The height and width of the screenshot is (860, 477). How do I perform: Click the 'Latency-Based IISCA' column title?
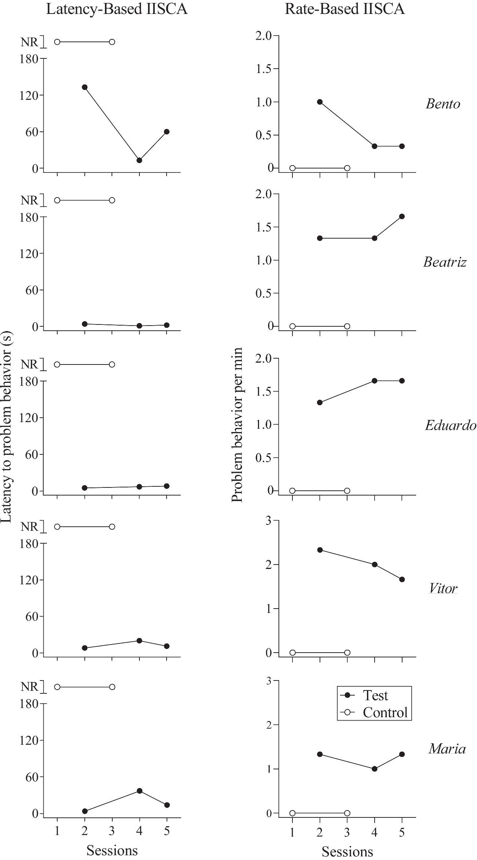click(117, 9)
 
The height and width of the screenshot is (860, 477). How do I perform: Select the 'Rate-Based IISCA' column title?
click(345, 9)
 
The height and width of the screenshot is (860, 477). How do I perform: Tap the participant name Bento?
click(443, 104)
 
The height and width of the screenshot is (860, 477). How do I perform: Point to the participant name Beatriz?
click(445, 262)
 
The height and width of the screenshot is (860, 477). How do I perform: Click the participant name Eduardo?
click(450, 425)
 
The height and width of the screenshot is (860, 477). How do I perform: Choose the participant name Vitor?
click(443, 589)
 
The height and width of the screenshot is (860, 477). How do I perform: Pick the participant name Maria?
click(447, 748)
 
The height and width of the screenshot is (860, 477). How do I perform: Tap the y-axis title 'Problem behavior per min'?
click(237, 424)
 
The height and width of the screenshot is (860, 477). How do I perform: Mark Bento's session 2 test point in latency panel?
click(85, 87)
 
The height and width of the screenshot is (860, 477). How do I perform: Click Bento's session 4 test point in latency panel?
click(139, 160)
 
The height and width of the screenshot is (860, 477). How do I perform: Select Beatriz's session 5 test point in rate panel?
click(402, 217)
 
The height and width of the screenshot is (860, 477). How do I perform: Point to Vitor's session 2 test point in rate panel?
click(320, 550)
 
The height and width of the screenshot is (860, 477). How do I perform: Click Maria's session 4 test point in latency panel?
click(139, 791)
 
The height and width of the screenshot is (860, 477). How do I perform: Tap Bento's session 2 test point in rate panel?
click(320, 102)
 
